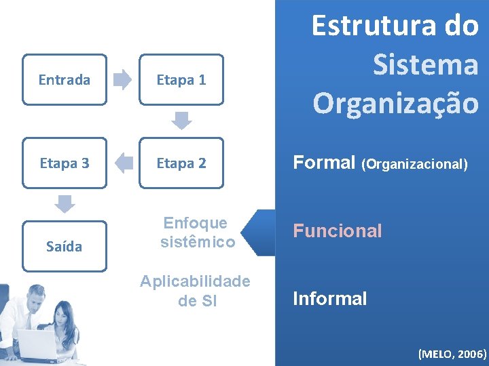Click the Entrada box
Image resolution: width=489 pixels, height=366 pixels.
65,80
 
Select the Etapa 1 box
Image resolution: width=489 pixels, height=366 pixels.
181,80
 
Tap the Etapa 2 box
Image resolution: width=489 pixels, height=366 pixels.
181,163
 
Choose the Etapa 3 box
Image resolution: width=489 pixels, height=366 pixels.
65,163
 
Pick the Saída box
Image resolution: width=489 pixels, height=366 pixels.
65,247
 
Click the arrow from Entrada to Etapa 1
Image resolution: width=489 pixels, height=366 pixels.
123,80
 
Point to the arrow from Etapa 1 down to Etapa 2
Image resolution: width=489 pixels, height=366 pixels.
181,121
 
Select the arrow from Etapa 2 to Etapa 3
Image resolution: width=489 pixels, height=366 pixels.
123,163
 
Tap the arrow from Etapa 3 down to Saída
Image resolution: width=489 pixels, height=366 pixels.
65,203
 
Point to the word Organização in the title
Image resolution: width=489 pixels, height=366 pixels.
395,104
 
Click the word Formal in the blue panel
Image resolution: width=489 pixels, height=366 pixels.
324,163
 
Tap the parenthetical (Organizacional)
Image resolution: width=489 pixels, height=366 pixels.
414,164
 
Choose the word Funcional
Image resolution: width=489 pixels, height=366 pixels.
338,231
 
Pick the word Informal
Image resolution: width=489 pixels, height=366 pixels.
330,298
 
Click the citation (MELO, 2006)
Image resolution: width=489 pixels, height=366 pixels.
452,354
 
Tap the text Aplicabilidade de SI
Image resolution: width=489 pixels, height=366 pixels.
195,291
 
